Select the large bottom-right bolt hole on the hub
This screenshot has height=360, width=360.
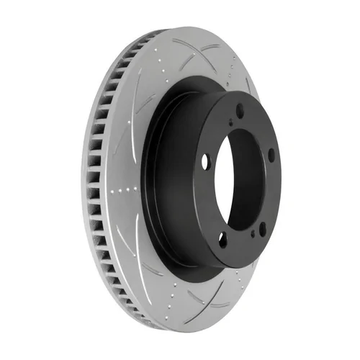point(261,229)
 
